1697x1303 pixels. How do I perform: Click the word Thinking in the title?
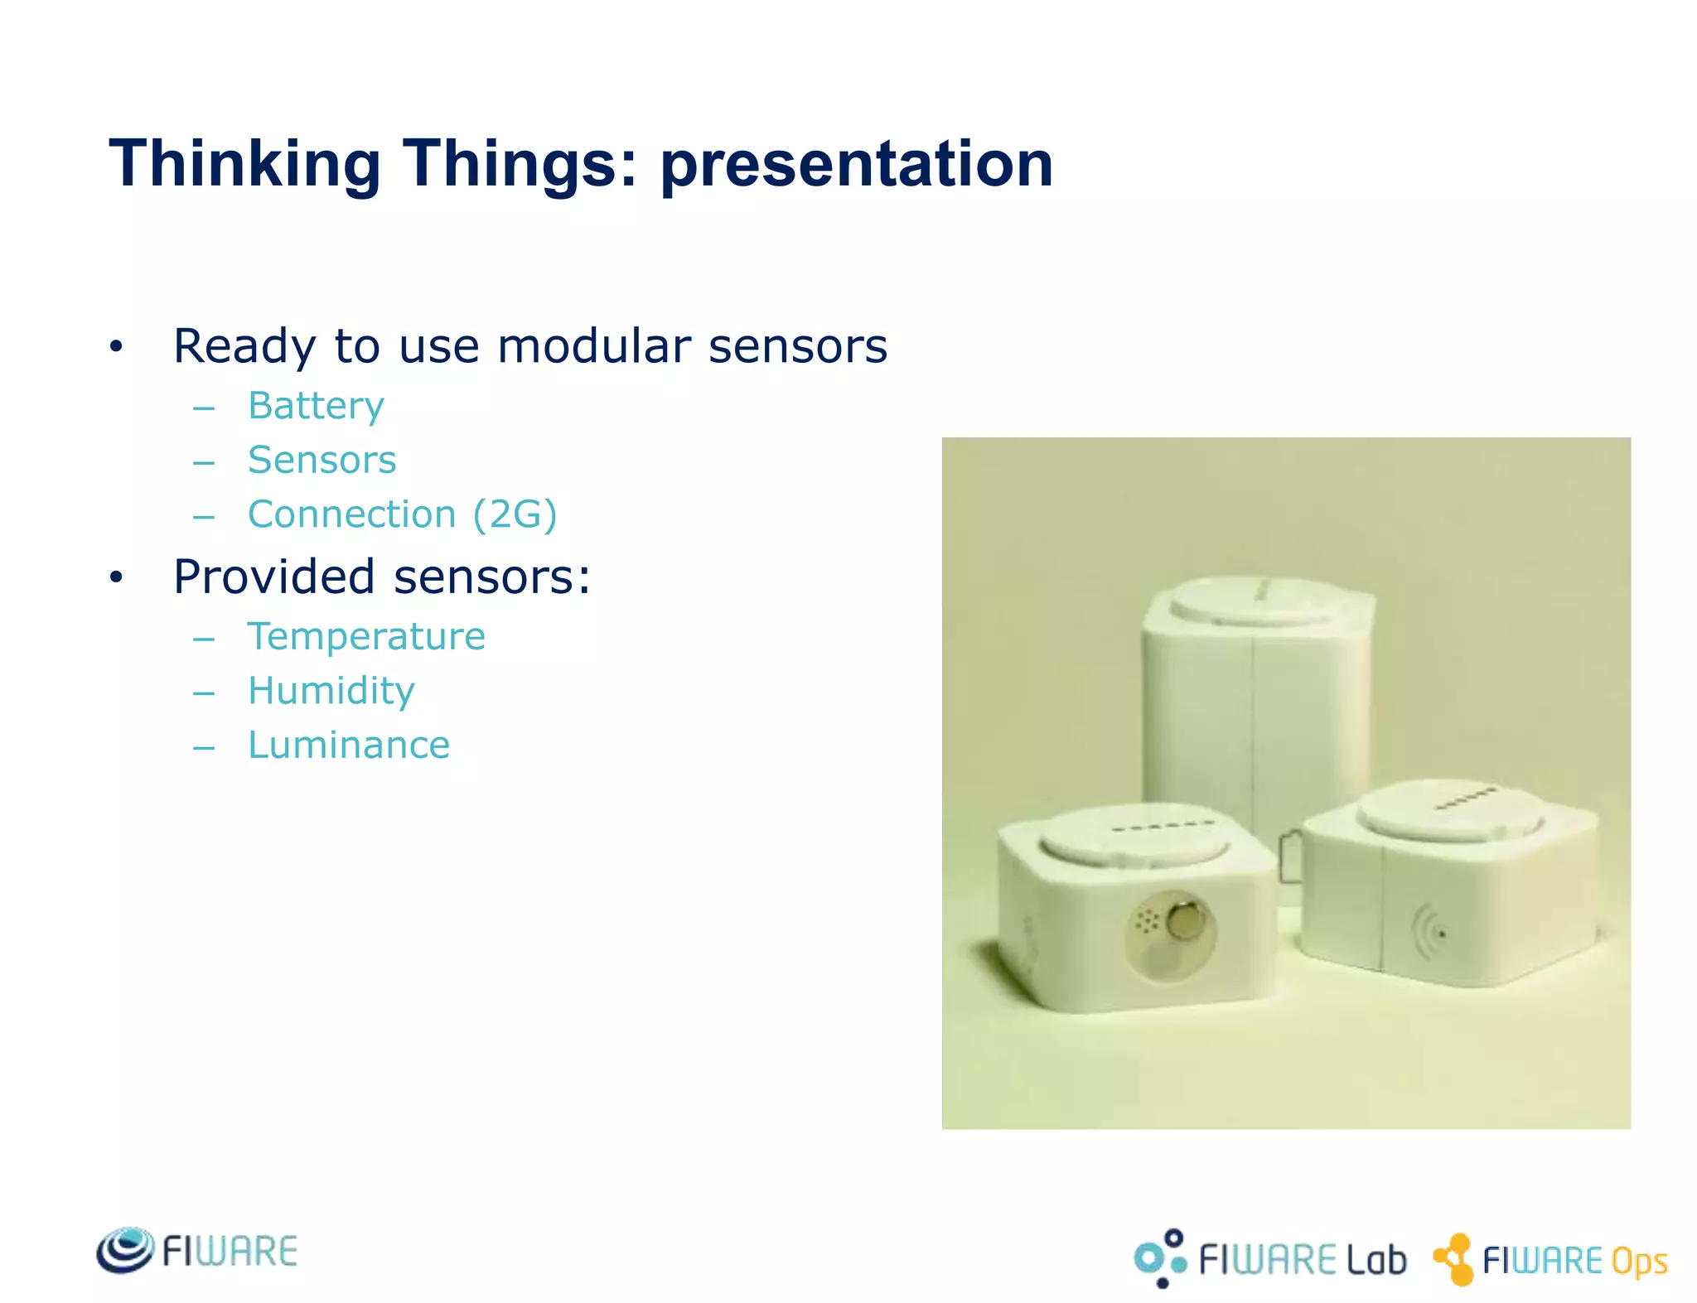tap(244, 164)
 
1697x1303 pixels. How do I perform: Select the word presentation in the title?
tap(856, 164)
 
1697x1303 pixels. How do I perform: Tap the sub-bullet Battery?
tap(316, 406)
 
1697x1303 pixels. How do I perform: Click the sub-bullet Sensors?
tap(322, 460)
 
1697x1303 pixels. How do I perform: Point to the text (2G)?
tap(515, 514)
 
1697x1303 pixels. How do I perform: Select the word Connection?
tap(351, 514)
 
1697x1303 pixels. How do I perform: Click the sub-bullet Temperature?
tap(366, 636)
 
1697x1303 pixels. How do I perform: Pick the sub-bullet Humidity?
tap(331, 691)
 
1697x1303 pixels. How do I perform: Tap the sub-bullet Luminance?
tap(348, 745)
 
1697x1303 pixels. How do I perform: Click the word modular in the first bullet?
tap(593, 345)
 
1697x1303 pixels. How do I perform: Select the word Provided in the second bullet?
tap(273, 577)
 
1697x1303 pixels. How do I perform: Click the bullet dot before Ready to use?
tap(116, 347)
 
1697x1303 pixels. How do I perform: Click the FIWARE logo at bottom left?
tap(196, 1251)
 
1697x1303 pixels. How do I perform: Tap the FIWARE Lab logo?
tap(1269, 1259)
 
